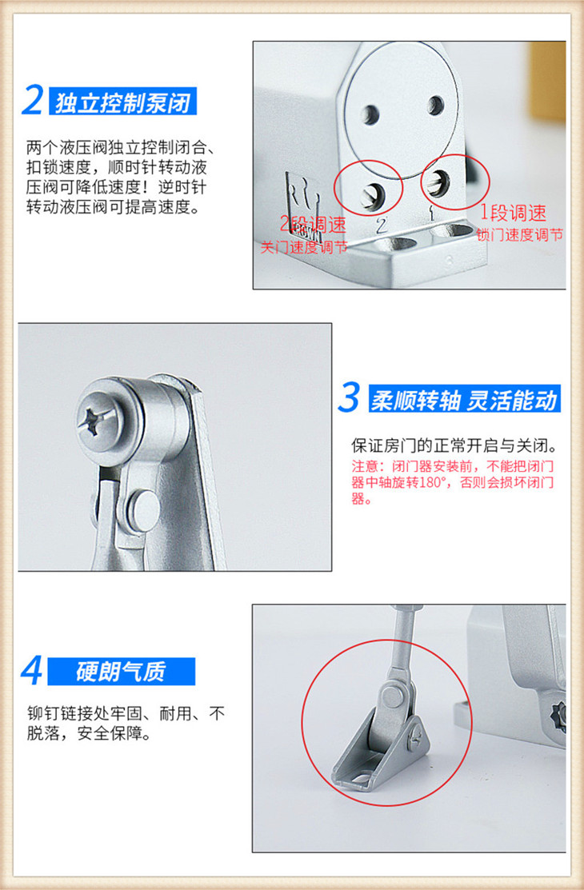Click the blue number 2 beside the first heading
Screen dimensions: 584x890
tap(32, 100)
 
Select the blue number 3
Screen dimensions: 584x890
tap(349, 397)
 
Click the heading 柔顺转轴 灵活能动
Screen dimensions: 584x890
tap(463, 400)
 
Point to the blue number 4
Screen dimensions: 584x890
tap(32, 671)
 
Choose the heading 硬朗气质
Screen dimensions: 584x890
tap(121, 672)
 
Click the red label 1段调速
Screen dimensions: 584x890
tap(514, 213)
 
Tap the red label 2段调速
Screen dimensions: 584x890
tap(313, 224)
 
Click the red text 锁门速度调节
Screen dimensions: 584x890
tap(520, 234)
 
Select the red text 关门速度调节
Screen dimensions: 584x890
tap(304, 247)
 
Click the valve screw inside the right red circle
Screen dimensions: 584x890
tap(438, 183)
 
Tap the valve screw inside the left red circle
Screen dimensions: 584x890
tap(373, 196)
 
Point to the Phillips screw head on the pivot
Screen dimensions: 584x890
tap(101, 421)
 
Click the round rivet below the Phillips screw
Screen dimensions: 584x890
tap(143, 505)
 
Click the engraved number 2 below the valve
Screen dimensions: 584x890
tap(382, 226)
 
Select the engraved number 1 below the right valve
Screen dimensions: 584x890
tap(432, 214)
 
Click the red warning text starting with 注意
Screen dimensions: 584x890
tap(452, 482)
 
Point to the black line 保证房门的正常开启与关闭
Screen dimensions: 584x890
tap(454, 445)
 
